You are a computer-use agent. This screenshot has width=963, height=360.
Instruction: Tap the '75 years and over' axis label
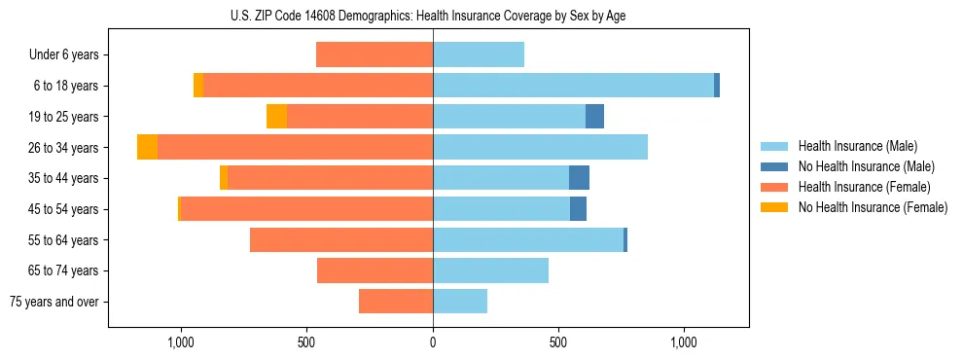tap(54, 302)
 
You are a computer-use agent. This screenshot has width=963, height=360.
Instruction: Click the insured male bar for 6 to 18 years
tap(573, 86)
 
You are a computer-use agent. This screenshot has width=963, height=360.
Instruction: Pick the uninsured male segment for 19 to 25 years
tap(594, 117)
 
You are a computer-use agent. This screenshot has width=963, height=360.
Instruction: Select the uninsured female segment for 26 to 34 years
tap(147, 147)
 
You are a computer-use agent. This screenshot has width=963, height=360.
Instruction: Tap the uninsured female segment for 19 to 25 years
tap(276, 117)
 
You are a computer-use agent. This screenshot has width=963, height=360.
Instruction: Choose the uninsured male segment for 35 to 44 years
tap(579, 178)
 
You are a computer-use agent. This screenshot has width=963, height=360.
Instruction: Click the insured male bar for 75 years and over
tap(460, 302)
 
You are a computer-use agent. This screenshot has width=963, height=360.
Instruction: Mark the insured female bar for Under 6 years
tap(374, 55)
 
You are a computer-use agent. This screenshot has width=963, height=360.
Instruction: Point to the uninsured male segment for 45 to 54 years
tap(578, 209)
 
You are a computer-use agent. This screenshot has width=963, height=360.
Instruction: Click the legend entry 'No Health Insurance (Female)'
tap(872, 207)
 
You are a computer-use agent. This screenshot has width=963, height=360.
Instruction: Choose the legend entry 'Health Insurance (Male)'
tap(857, 146)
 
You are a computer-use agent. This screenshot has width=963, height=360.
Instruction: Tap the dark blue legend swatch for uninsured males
tap(774, 166)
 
